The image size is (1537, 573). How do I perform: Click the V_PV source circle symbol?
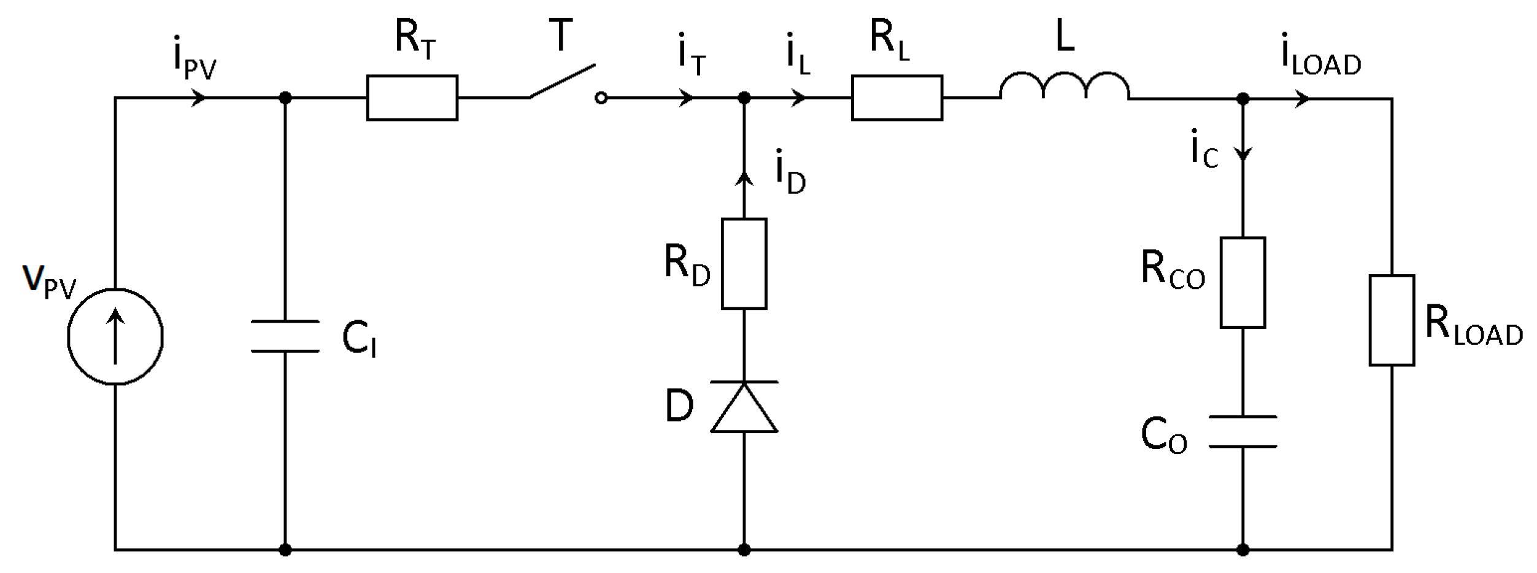pyautogui.click(x=115, y=336)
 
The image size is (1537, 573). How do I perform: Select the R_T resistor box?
pyautogui.click(x=412, y=98)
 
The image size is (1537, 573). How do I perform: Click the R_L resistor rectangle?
pyautogui.click(x=896, y=98)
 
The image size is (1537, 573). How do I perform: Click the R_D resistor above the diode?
pyautogui.click(x=744, y=263)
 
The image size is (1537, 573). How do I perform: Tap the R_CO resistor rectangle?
pyautogui.click(x=1242, y=282)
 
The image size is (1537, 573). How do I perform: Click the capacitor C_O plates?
pyautogui.click(x=1242, y=431)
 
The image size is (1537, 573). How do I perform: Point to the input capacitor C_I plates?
pyautogui.click(x=285, y=336)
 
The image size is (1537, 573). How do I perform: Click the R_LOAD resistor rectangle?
pyautogui.click(x=1392, y=320)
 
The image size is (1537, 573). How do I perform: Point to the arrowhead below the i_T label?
pyautogui.click(x=686, y=98)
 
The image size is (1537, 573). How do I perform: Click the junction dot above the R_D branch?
pyautogui.click(x=744, y=98)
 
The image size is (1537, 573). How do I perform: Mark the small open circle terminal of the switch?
pyautogui.click(x=601, y=98)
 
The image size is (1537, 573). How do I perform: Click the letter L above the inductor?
pyautogui.click(x=1065, y=37)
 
